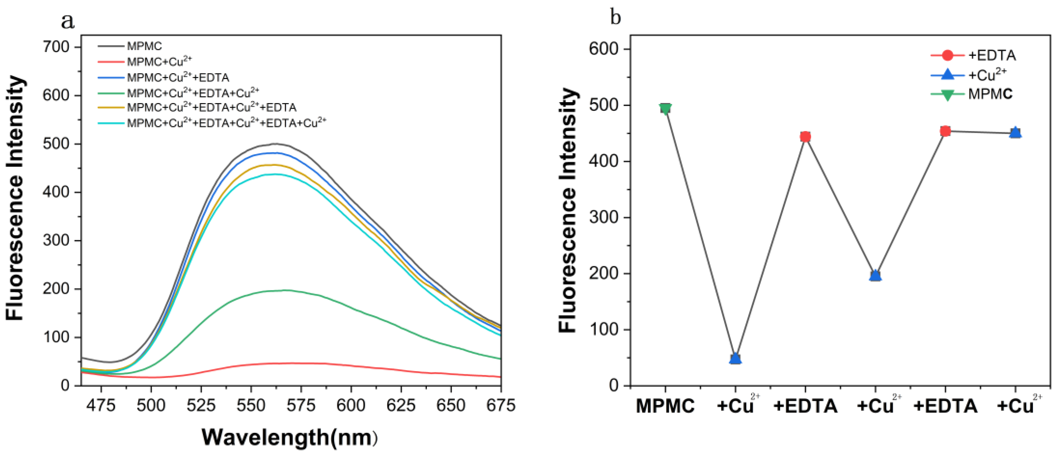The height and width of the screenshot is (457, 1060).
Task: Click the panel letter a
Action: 67,21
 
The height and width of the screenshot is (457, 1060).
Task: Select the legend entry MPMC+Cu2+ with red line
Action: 159,62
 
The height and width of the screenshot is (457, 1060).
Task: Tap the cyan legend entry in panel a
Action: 226,123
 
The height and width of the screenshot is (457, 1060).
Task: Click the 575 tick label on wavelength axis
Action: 301,406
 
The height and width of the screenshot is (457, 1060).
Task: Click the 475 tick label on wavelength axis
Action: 101,406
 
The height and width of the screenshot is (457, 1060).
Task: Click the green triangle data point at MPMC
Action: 665,109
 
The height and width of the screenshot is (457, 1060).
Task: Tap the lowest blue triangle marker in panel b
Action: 735,359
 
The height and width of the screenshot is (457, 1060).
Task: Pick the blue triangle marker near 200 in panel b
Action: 875,275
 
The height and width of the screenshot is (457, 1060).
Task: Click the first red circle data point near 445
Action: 805,136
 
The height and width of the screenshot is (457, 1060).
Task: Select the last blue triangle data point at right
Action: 1015,132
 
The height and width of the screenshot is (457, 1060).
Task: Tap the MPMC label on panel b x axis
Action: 665,406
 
